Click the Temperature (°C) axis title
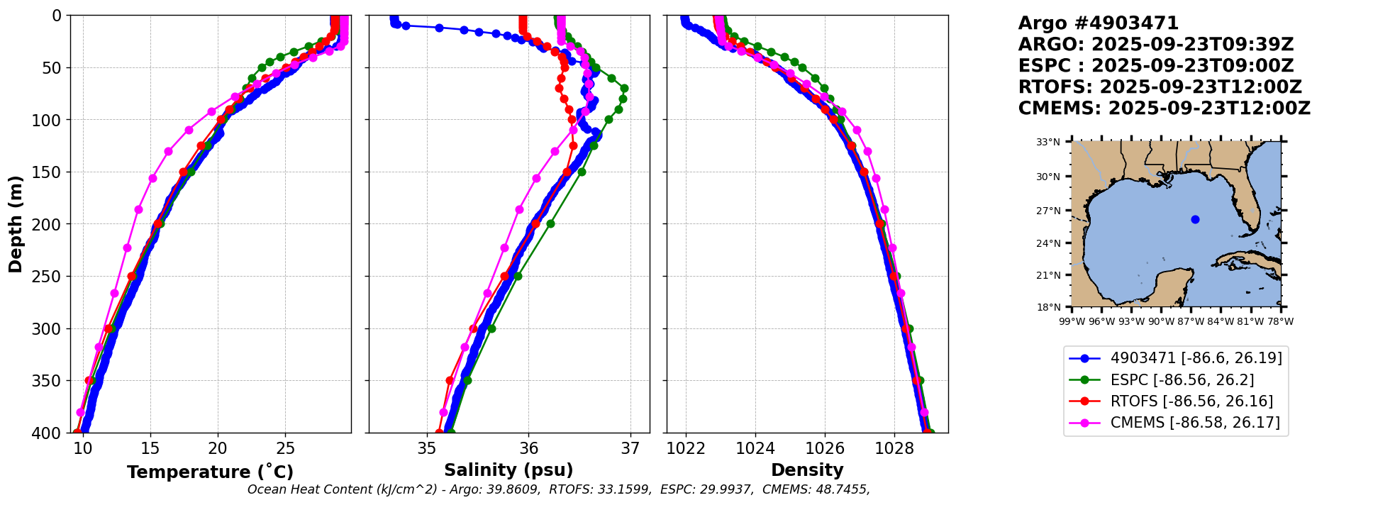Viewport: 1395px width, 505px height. point(210,472)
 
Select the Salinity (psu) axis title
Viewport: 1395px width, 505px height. point(508,470)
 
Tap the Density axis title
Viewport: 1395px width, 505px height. point(807,470)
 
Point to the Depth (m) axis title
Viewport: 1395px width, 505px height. point(16,224)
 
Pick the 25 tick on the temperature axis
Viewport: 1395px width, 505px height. point(285,448)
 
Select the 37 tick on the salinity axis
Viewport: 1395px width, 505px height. point(630,448)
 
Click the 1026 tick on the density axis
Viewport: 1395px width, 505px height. point(825,448)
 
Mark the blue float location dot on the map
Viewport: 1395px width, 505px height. point(1195,219)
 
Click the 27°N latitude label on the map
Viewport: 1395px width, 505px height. point(1048,211)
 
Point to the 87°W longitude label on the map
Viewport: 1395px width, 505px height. point(1191,321)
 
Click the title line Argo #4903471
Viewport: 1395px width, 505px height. point(1098,23)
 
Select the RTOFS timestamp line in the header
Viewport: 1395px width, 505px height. point(1160,87)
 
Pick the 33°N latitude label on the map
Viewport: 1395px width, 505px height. point(1048,142)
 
